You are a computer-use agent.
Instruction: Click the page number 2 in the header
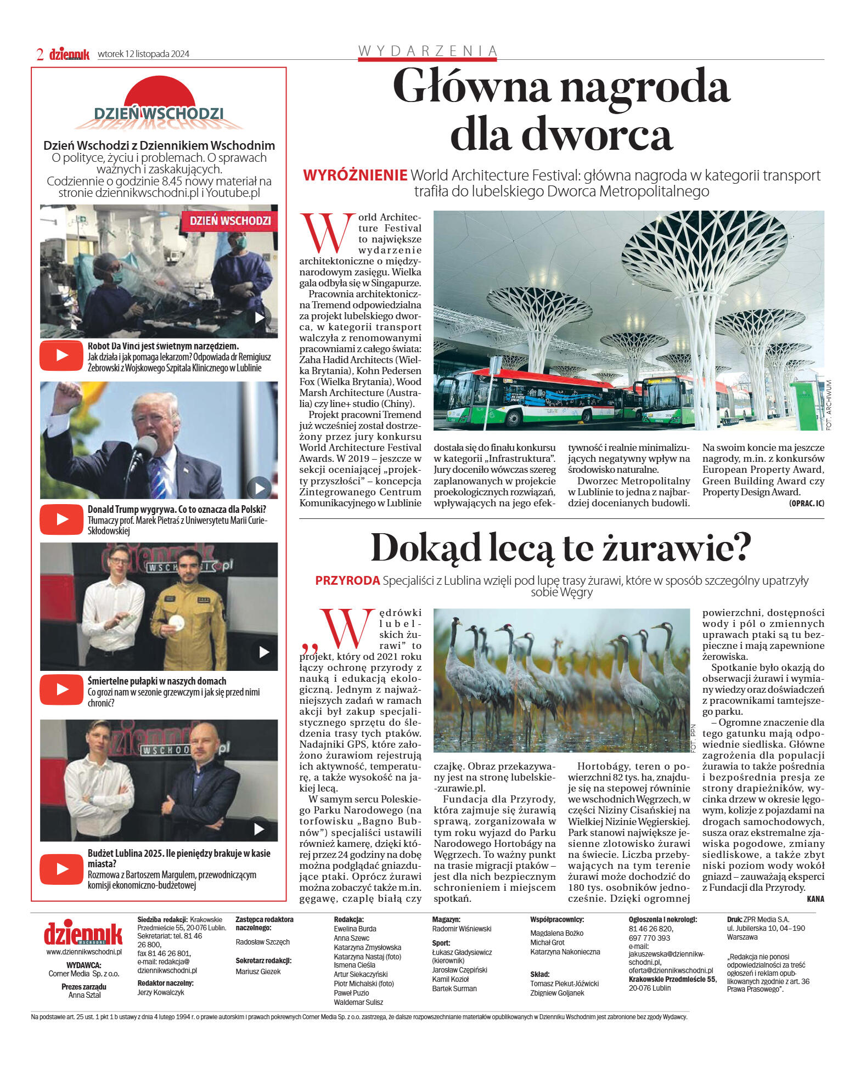tap(40, 54)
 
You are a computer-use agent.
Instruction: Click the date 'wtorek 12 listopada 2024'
tap(143, 54)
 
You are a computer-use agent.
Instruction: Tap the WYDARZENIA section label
tap(428, 51)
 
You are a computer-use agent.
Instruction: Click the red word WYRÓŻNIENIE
tap(355, 176)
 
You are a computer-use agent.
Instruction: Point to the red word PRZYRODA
tap(347, 580)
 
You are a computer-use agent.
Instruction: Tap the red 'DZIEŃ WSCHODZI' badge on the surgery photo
tap(230, 221)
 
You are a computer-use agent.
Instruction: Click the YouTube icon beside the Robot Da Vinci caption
tap(61, 355)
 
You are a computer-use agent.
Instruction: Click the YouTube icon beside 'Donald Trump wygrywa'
tap(61, 519)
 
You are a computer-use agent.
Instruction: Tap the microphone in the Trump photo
tap(144, 446)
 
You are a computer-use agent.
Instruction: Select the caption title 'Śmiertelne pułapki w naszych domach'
tap(157, 681)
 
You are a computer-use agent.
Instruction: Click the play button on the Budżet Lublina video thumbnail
tap(260, 828)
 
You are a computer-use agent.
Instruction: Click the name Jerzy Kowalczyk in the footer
tap(161, 992)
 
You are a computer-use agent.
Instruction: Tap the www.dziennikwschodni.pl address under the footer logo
tap(84, 952)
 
